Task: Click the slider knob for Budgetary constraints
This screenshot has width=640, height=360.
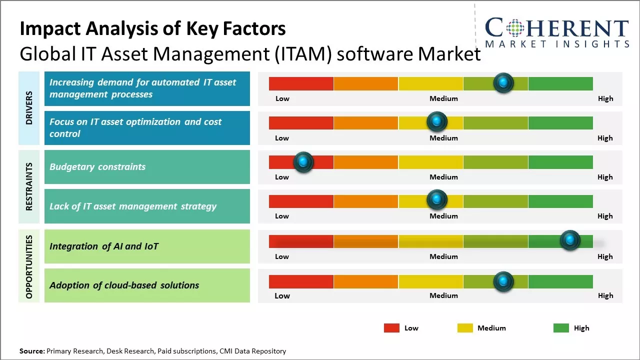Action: click(303, 162)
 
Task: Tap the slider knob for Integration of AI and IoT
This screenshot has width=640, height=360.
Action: click(569, 240)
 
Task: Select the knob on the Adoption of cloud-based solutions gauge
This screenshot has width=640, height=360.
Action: click(503, 281)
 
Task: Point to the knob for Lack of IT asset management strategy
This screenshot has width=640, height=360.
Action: click(436, 200)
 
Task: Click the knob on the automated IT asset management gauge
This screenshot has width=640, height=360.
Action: click(503, 82)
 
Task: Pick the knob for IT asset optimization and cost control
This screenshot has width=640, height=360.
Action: click(436, 121)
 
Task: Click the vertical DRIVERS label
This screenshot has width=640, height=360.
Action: click(29, 108)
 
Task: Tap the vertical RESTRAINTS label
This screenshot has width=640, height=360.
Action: click(29, 186)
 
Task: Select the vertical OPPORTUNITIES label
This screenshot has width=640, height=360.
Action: click(29, 266)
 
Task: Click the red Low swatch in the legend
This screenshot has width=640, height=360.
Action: click(391, 328)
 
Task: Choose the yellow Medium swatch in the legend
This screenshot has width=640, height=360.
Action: click(465, 328)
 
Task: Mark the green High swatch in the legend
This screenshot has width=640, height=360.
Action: click(561, 328)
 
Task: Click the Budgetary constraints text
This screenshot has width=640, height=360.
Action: click(97, 167)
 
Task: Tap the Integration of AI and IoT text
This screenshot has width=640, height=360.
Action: click(104, 246)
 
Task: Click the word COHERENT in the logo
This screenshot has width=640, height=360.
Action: click(557, 28)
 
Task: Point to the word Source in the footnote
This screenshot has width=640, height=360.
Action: click(32, 351)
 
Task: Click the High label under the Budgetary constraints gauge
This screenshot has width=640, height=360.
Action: click(605, 177)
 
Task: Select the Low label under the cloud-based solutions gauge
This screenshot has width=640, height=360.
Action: click(282, 295)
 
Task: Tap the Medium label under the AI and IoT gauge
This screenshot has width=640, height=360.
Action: click(443, 256)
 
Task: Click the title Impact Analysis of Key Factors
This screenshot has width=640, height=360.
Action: click(152, 29)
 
